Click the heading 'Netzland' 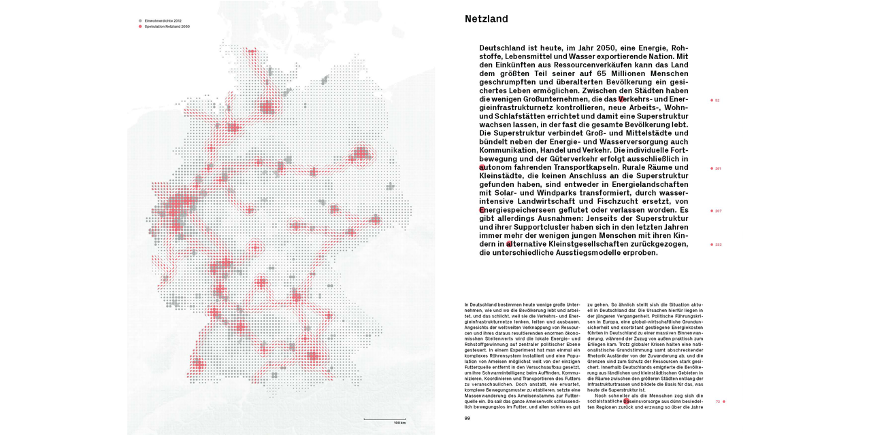(x=486, y=19)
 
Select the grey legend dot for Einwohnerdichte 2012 (x=140, y=21)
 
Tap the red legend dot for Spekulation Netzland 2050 (x=140, y=27)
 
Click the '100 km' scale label (x=399, y=423)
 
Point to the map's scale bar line (x=384, y=419)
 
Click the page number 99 (x=467, y=418)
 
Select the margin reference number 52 (x=717, y=101)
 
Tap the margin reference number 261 (x=718, y=169)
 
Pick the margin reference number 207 (x=718, y=211)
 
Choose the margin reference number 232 (x=718, y=245)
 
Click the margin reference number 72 (x=717, y=402)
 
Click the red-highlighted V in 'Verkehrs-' (x=621, y=99)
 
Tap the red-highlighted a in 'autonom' (x=482, y=167)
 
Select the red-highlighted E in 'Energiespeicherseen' (x=482, y=210)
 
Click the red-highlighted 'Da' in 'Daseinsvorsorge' (x=627, y=402)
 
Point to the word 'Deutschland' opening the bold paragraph (x=508, y=48)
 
